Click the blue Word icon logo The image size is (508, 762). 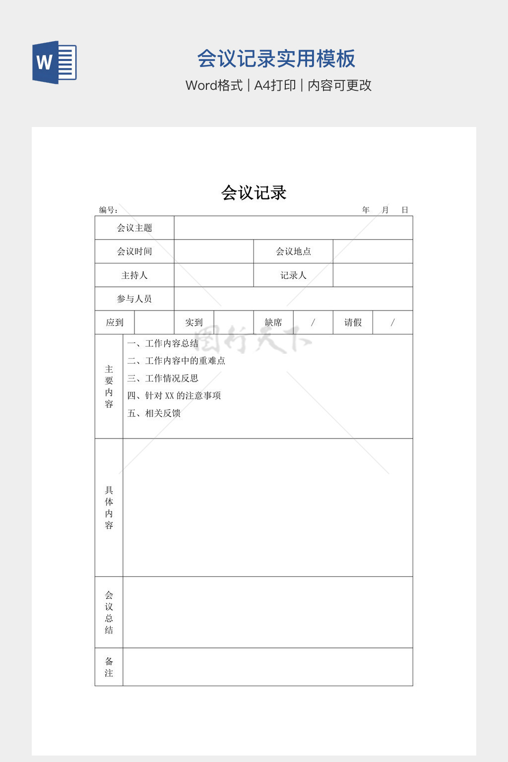(55, 63)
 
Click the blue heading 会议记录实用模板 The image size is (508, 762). (276, 59)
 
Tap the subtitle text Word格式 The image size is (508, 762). (214, 85)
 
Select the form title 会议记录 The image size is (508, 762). (254, 192)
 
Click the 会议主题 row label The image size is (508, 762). (134, 228)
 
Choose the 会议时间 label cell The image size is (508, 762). (134, 252)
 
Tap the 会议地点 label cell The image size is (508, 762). (293, 252)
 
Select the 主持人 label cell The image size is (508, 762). (134, 275)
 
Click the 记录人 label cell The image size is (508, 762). (293, 275)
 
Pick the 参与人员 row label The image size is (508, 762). (134, 299)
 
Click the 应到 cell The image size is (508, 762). (115, 322)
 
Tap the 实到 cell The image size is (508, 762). (194, 322)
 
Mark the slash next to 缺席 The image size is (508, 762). (313, 322)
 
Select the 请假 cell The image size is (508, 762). (353, 322)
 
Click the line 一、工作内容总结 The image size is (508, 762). (163, 343)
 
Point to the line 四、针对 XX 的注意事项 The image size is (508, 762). (174, 395)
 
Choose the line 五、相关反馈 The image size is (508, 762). (154, 413)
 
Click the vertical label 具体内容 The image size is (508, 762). (109, 508)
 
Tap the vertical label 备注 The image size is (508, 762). (109, 667)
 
